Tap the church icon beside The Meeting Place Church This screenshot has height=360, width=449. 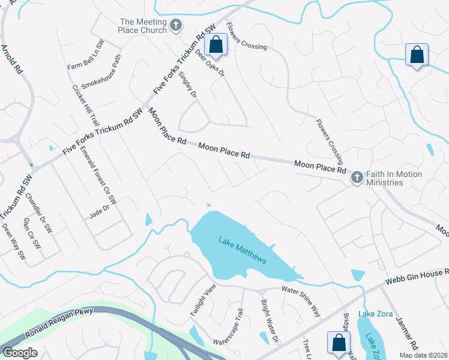(176, 25)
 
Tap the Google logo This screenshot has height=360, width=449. (20, 353)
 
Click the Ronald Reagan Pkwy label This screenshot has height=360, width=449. (56, 324)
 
